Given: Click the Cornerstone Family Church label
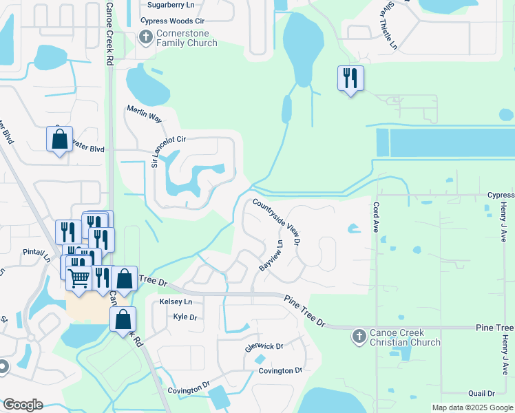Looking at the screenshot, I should click(187, 38).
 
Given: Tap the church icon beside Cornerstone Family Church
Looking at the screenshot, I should click(145, 37).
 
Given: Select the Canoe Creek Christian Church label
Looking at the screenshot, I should click(405, 337).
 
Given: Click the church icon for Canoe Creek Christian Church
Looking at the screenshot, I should click(358, 337).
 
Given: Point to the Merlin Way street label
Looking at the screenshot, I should click(144, 114).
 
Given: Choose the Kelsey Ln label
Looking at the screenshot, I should click(176, 302).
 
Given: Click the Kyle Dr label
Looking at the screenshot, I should click(185, 317).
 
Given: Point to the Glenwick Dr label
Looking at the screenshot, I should click(264, 345).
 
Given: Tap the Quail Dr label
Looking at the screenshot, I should click(481, 394).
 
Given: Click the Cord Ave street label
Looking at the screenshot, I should click(376, 213).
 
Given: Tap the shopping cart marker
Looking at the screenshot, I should click(79, 277).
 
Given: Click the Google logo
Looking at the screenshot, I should click(23, 405).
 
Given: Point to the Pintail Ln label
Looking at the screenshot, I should click(36, 253).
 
